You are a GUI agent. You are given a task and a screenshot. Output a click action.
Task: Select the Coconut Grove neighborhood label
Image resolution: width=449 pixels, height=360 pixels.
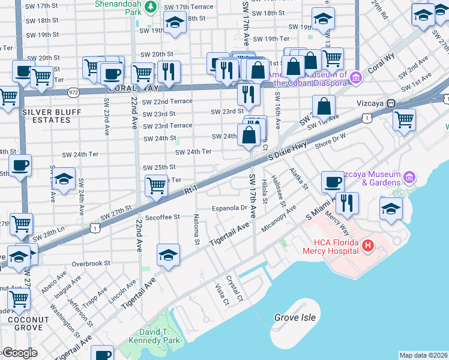(x=25, y=323)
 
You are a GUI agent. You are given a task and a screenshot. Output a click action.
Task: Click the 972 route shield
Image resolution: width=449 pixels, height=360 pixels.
(x=73, y=92)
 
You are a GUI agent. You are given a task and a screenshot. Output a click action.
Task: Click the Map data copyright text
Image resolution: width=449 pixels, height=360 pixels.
(x=423, y=355)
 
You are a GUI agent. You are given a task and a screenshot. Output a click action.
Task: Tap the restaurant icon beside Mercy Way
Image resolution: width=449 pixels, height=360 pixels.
(x=346, y=203)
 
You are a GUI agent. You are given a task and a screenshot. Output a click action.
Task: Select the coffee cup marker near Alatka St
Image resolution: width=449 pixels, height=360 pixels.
(x=332, y=181)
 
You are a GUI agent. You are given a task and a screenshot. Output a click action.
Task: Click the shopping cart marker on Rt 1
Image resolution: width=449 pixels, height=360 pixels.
(x=156, y=184)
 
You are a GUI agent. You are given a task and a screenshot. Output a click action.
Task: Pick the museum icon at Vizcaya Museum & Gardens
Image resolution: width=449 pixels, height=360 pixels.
(x=410, y=176)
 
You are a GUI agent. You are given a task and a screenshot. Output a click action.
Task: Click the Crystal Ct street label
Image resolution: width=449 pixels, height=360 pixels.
(x=234, y=289)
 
